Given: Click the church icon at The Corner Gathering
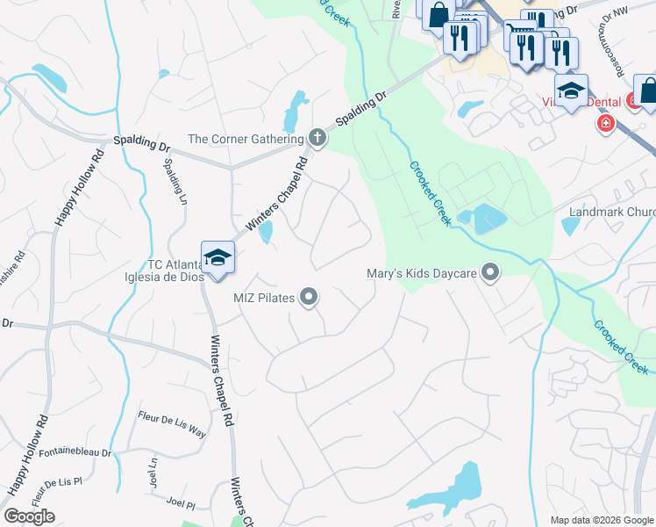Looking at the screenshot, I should pos(317,138).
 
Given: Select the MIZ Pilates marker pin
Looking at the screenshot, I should pos(308,298).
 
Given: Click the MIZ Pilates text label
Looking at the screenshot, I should pos(263,298).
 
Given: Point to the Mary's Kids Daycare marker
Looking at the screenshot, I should pos(490,274).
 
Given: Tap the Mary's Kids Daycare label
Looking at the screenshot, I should pos(422,275).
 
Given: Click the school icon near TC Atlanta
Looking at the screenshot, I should pos(217,257).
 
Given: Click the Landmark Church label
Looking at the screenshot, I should pos(611,213).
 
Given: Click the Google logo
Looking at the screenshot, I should pos(29,516).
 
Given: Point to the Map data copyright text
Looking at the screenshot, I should pos(601,520).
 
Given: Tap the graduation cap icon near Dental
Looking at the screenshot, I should pos(571,91).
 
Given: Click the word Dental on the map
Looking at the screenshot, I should pos(601,102).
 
